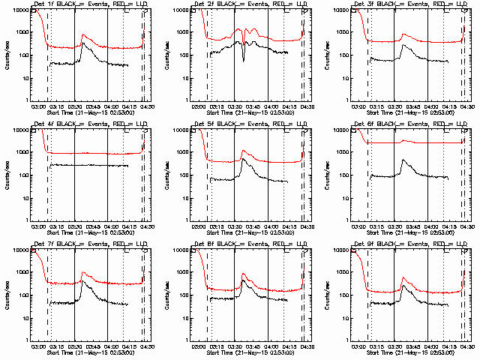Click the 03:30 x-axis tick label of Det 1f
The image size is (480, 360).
(74, 107)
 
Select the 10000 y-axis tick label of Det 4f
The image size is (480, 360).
(18, 130)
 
